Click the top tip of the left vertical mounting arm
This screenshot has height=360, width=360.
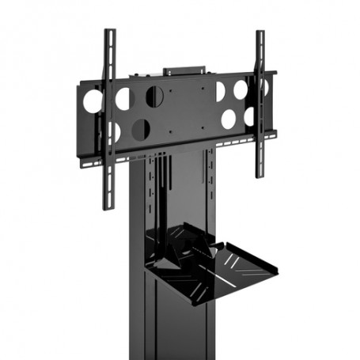pos(110,32)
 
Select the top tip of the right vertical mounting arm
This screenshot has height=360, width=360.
pos(260,33)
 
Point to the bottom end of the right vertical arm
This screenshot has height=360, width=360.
pos(259,176)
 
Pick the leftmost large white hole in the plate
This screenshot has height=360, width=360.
pos(93,101)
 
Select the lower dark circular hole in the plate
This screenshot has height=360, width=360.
pos(141,129)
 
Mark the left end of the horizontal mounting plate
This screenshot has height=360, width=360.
pos(80,119)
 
